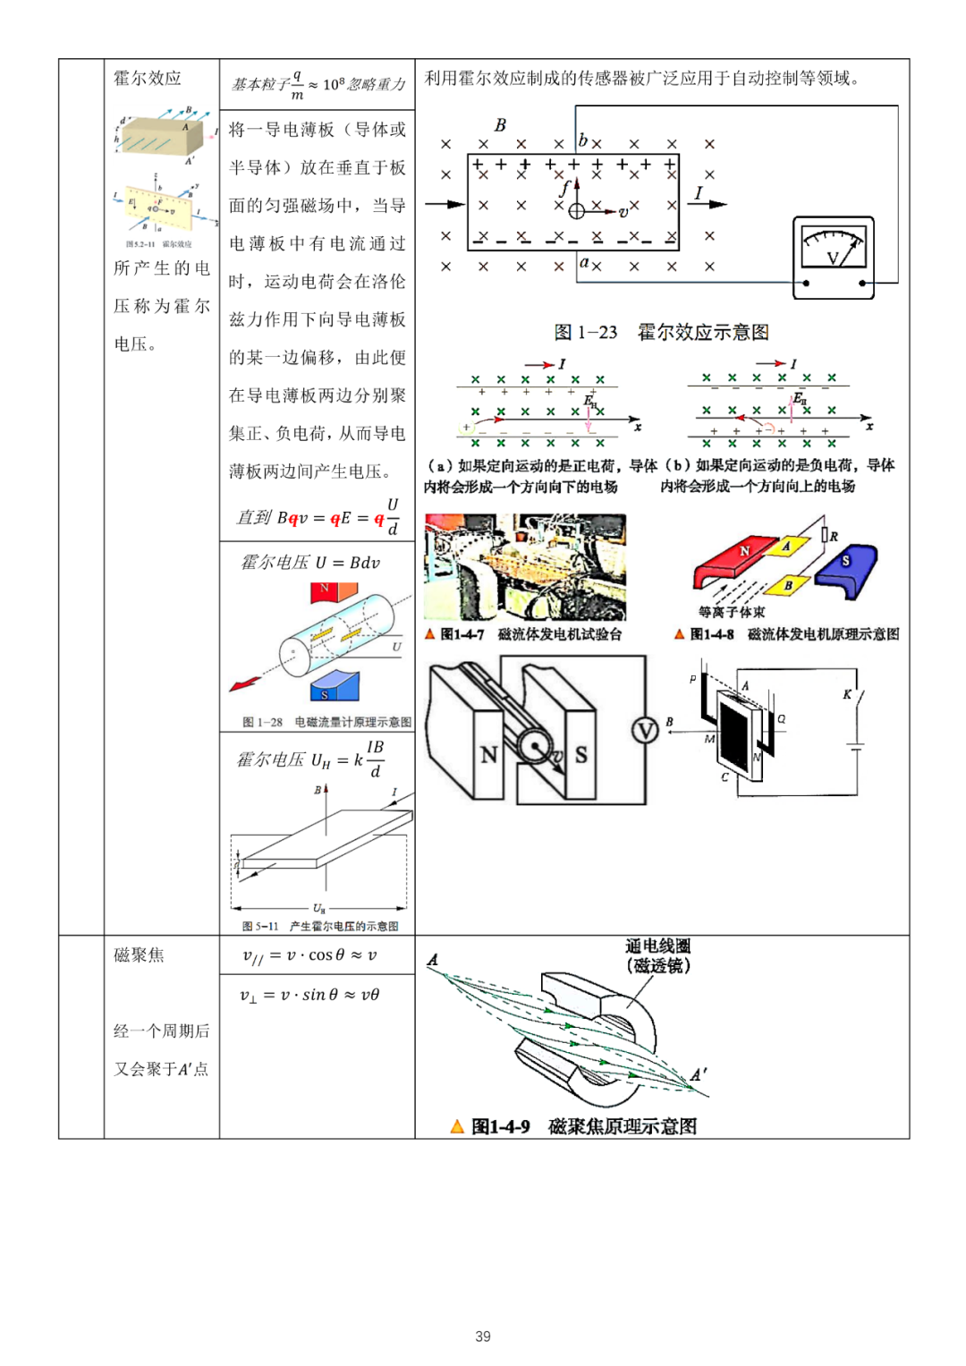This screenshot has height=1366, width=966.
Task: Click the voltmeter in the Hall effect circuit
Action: [833, 256]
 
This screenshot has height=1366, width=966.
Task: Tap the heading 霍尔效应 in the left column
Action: [148, 79]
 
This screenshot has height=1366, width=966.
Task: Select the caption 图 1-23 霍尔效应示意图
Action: [661, 333]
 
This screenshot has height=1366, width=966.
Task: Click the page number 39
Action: [483, 1336]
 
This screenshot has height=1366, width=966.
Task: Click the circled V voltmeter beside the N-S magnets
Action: [645, 732]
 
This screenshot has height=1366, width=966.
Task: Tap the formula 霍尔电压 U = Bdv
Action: [310, 563]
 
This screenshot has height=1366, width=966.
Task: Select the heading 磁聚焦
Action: [139, 955]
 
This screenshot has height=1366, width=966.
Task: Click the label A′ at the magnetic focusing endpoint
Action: [699, 1074]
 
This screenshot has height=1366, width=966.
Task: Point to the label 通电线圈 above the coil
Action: [657, 946]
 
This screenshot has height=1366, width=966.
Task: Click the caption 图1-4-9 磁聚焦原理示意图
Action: [583, 1126]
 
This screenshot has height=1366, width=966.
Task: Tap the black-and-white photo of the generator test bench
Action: [525, 567]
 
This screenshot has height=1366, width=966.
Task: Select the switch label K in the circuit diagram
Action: [847, 694]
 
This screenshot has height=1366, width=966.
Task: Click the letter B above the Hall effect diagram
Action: [500, 125]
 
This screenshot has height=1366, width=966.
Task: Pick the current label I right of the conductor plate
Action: [699, 193]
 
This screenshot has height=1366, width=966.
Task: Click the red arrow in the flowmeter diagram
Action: [244, 684]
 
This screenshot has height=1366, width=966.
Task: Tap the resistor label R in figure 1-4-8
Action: [834, 537]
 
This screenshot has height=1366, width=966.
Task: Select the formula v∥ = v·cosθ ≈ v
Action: [309, 955]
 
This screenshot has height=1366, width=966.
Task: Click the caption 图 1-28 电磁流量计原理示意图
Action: [326, 722]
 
